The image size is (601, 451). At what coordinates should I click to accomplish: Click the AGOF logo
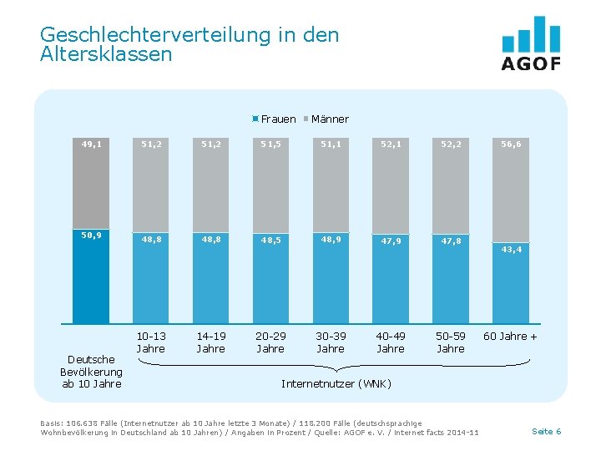click(531, 43)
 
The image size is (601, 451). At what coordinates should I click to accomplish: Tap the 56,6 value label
click(511, 144)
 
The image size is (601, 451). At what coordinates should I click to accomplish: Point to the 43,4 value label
click(511, 249)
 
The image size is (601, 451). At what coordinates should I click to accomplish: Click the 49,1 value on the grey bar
click(91, 144)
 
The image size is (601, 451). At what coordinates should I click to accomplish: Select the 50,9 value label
click(91, 235)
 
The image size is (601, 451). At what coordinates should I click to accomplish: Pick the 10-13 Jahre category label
click(150, 342)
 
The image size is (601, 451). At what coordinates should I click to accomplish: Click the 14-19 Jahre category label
click(210, 342)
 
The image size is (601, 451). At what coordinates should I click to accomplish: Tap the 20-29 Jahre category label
click(270, 342)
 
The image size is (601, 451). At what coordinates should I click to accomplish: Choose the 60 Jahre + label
click(511, 337)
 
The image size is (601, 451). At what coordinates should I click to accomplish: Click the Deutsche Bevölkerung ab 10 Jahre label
click(91, 372)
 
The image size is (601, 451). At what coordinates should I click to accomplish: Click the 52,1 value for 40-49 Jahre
click(391, 144)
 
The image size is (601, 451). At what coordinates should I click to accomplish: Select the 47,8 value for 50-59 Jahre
click(451, 241)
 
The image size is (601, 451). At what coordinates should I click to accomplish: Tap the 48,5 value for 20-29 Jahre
click(270, 241)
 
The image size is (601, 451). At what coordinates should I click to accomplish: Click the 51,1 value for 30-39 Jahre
click(331, 144)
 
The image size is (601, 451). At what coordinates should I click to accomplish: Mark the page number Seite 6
click(546, 431)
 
